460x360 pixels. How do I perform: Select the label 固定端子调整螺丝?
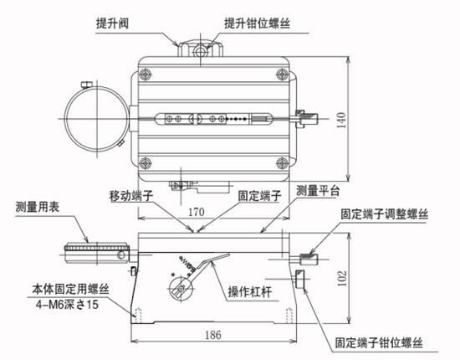click(384, 214)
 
